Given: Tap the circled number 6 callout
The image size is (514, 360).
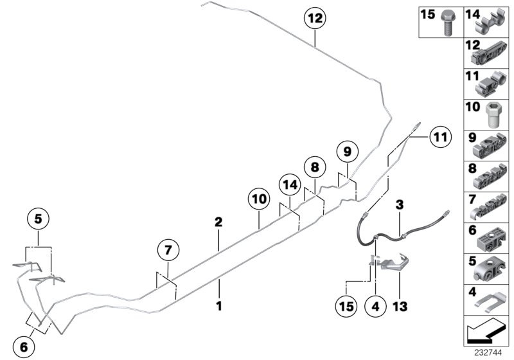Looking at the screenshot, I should (24, 348).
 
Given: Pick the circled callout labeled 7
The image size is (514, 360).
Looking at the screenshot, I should (167, 250).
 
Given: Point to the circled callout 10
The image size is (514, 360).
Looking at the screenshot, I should (259, 201).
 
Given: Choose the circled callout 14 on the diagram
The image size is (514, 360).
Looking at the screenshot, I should (290, 184).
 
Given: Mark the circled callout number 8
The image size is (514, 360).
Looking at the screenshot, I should (314, 168).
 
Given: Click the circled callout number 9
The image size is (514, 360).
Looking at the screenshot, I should (346, 153).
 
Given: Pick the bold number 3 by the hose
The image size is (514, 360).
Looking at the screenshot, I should (399, 204).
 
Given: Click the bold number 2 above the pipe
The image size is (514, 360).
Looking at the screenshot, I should (218, 222).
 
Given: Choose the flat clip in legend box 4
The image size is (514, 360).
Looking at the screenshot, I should (486, 301).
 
